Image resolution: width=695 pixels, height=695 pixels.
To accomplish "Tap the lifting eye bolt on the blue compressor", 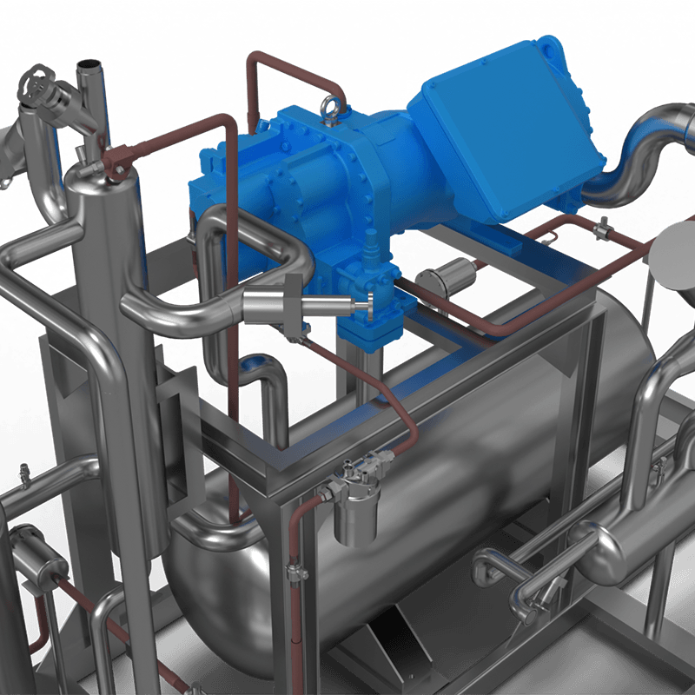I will click(x=330, y=108).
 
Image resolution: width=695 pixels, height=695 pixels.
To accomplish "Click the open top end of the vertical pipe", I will click(x=89, y=68).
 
